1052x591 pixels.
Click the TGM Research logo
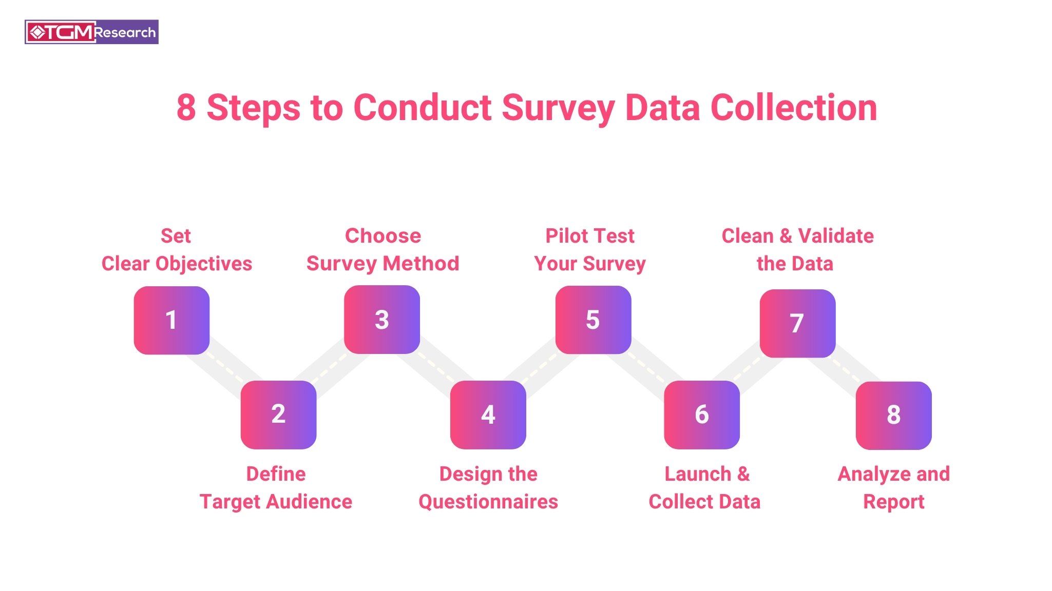[91, 32]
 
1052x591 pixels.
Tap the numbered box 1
[171, 320]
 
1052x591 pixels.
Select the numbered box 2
[278, 415]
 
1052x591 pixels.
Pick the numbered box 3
[382, 319]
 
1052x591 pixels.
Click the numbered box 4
[488, 415]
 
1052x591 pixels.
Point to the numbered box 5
[593, 320]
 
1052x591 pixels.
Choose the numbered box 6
[702, 415]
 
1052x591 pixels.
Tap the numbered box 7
[797, 323]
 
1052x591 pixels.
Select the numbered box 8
[894, 416]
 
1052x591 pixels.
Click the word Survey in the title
[558, 109]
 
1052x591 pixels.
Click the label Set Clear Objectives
[177, 250]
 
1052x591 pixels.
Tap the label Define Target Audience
[276, 488]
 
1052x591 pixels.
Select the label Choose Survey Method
[383, 250]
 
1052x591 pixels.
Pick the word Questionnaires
[488, 502]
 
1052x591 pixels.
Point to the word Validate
[836, 236]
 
